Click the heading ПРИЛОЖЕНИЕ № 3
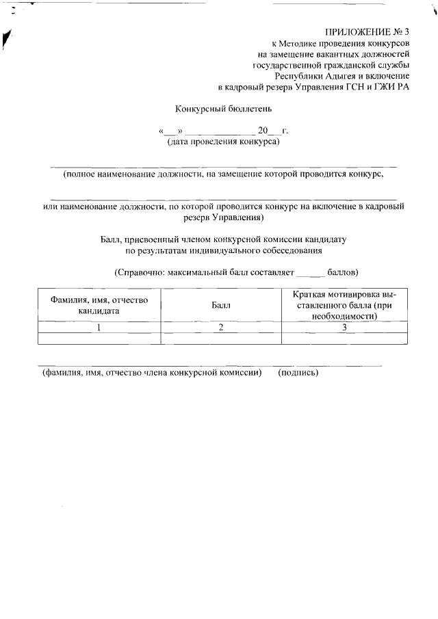(x=368, y=32)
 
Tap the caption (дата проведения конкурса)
(x=223, y=142)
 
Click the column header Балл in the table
(x=221, y=305)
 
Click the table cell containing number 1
(x=99, y=327)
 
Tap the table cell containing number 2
(x=221, y=327)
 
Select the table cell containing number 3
(x=344, y=327)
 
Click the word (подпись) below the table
(x=298, y=373)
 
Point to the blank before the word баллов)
(x=309, y=273)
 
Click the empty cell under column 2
(x=221, y=338)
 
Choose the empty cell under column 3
(x=344, y=338)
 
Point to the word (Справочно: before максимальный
(x=139, y=272)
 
